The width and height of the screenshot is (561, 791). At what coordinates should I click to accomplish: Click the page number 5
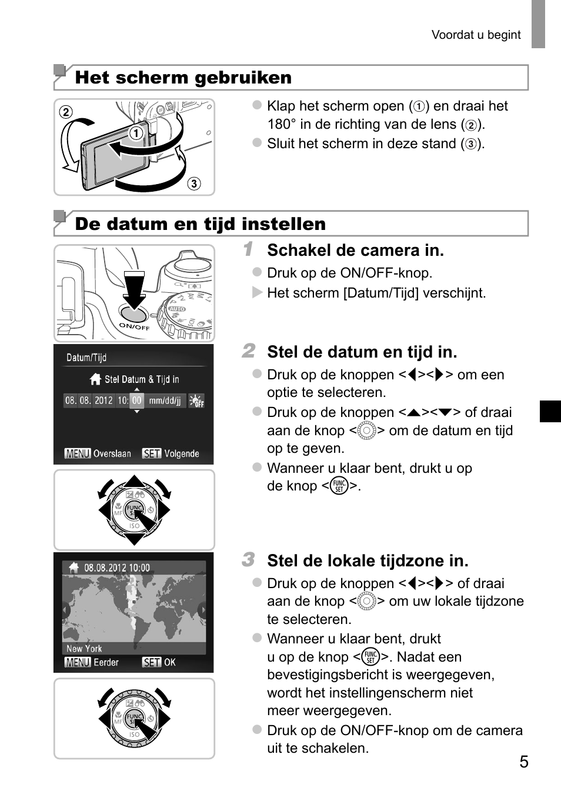point(523,762)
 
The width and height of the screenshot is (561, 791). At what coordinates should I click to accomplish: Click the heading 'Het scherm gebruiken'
point(183,78)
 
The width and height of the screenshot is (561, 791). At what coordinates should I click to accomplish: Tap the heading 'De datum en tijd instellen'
point(200,224)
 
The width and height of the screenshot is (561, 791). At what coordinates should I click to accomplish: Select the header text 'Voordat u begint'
point(476,35)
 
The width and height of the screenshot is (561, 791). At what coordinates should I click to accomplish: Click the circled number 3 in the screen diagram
point(193,183)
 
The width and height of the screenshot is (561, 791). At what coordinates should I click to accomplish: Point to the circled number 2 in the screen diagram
point(66,112)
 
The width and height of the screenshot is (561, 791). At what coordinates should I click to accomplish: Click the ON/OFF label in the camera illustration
point(134,326)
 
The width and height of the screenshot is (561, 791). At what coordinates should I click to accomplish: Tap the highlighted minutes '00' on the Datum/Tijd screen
point(136,400)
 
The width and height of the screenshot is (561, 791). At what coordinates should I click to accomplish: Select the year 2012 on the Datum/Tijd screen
point(103,400)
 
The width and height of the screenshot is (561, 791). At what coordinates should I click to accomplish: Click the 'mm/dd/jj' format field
point(165,400)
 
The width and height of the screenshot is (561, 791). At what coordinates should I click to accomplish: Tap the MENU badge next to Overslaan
point(78,453)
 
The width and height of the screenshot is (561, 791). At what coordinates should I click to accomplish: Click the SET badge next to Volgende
point(151,453)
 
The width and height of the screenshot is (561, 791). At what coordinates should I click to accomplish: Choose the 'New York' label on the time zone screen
point(84,649)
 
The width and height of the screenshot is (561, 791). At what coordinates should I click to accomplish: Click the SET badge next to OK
point(151,662)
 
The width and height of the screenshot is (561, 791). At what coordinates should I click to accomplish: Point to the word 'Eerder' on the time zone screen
point(106,662)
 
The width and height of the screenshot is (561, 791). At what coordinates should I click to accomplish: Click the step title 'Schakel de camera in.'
point(355,251)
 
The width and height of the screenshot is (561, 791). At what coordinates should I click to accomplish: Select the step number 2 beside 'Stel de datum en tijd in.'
point(248,351)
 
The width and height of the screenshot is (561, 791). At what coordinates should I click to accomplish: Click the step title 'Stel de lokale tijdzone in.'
point(368,561)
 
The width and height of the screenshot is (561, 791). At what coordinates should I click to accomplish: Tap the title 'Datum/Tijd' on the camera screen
point(86,358)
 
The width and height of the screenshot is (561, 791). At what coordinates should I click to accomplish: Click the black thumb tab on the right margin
point(550,411)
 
